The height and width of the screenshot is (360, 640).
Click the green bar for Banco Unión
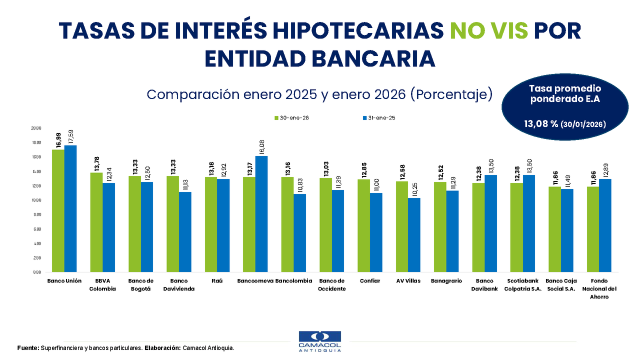(x=58, y=210)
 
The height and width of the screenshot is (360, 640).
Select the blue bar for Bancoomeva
(x=261, y=214)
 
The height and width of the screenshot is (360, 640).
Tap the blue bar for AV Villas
(x=414, y=235)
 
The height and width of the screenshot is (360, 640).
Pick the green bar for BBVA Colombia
(x=96, y=222)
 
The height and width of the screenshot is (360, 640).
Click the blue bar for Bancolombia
(x=299, y=233)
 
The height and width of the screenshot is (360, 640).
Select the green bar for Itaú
(x=211, y=224)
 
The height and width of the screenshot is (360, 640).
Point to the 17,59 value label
(x=70, y=136)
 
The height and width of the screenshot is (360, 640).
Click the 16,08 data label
(x=261, y=147)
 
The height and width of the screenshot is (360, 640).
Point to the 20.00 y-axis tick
(x=36, y=128)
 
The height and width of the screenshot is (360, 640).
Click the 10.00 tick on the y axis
(x=36, y=200)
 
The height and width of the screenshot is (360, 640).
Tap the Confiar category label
(x=370, y=281)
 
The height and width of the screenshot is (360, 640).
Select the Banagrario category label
(x=446, y=281)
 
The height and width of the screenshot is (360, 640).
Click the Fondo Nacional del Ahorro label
(x=599, y=288)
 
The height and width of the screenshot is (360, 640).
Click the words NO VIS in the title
(x=489, y=31)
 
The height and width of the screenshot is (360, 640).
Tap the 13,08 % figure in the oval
(x=540, y=123)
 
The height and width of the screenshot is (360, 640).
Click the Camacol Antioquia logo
(x=319, y=341)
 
